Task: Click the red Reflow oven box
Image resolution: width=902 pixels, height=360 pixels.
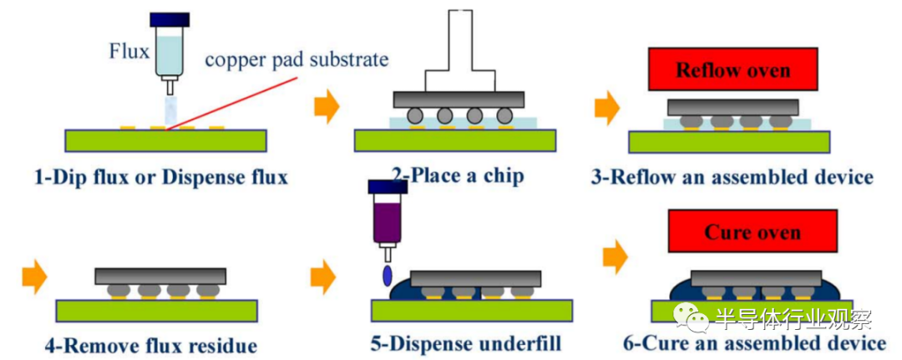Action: tap(732, 70)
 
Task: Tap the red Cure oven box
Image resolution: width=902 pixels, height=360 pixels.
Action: tap(753, 231)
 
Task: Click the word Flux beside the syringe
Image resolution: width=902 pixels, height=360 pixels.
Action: tap(129, 52)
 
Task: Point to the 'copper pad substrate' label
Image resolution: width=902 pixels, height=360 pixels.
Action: tap(296, 60)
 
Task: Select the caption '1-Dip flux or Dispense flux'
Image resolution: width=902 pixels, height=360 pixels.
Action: tap(160, 177)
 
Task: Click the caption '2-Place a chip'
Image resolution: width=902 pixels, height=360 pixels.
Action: tap(458, 176)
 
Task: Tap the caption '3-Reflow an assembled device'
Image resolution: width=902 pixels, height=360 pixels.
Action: tap(732, 177)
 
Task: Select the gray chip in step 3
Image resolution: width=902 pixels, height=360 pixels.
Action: tap(732, 107)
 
